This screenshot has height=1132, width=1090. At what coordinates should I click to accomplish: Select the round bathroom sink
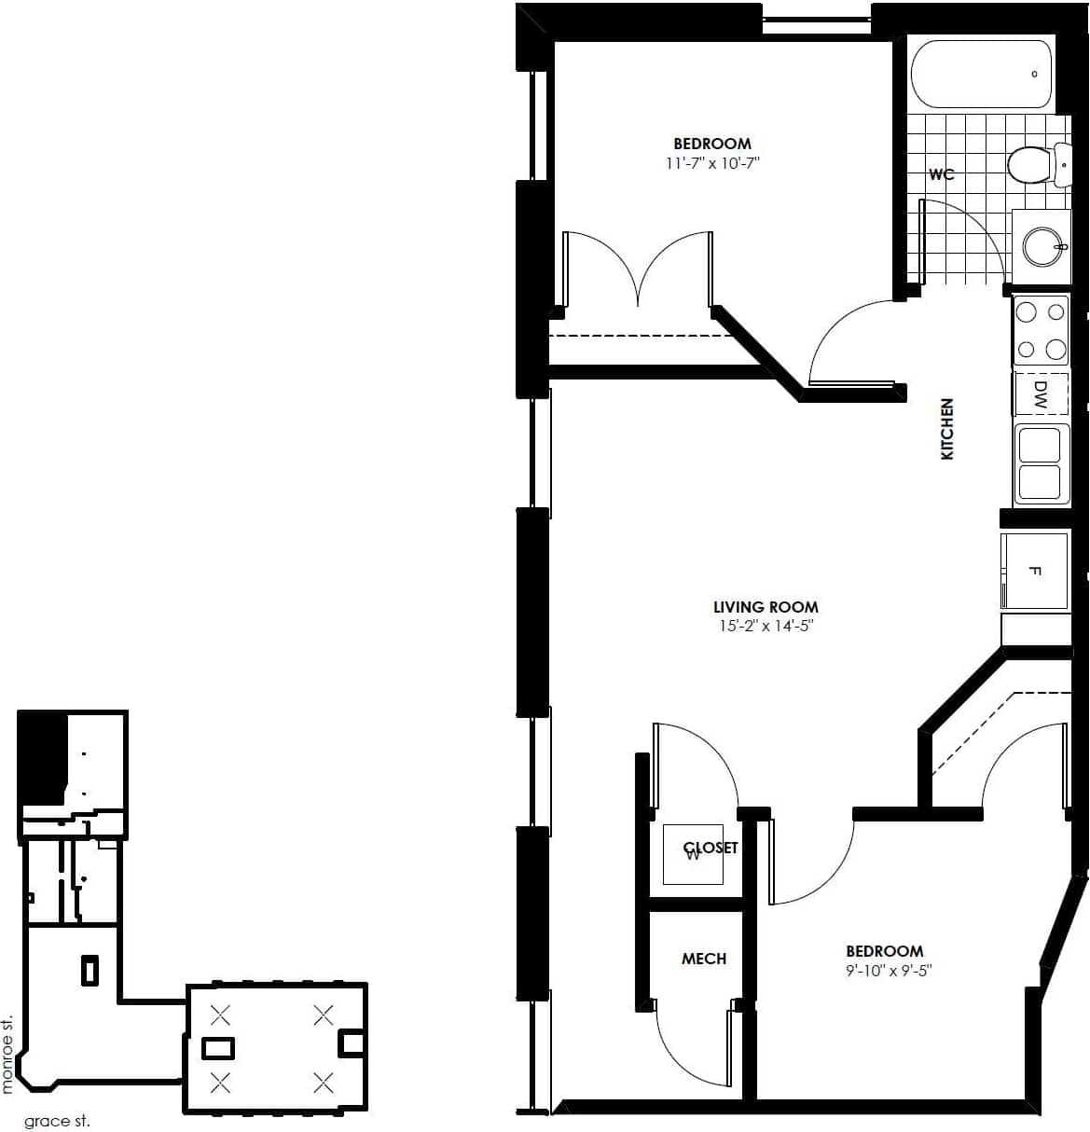1041,246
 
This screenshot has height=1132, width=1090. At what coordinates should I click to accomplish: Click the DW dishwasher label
1040,394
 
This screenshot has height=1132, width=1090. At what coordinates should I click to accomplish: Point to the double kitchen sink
1041,463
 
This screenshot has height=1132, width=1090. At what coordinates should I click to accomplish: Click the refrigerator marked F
1034,572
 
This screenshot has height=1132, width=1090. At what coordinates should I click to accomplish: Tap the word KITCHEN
947,429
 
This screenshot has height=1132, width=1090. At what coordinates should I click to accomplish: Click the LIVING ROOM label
766,607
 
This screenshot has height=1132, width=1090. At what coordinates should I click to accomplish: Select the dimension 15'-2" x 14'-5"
766,626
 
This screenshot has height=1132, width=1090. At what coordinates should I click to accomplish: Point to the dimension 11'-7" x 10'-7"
712,163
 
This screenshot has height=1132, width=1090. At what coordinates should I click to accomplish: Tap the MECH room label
703,959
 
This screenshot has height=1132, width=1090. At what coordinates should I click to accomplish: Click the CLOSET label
711,848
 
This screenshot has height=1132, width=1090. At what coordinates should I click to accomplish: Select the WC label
941,174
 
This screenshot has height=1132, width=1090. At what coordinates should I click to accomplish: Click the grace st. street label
57,1121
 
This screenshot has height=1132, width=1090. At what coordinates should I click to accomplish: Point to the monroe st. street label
8,1054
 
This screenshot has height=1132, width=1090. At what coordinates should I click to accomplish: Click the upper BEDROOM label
712,144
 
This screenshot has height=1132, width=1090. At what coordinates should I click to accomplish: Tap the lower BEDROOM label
884,951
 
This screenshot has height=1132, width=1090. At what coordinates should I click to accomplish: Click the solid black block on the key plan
42,755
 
